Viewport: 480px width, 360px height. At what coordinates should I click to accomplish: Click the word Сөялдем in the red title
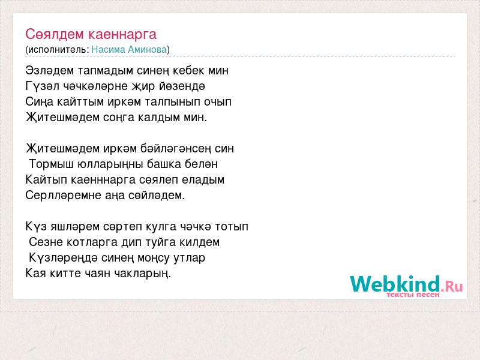[54, 34]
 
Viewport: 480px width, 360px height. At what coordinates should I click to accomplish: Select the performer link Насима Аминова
[129, 50]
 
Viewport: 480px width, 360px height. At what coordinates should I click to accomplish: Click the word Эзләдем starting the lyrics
[50, 70]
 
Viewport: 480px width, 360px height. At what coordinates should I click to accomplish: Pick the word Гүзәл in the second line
[42, 86]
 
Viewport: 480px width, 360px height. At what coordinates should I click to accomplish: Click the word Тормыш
[51, 164]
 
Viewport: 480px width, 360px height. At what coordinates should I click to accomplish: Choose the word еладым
[203, 179]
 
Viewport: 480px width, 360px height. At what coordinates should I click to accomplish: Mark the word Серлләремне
[63, 196]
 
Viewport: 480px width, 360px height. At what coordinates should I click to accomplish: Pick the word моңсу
[154, 258]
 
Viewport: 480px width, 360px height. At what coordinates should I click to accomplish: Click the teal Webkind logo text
[395, 283]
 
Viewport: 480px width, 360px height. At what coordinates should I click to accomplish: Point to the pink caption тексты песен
[413, 295]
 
